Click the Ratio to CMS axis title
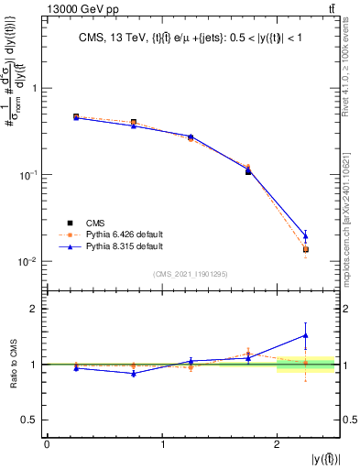(x=14, y=364)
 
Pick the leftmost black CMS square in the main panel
(x=76, y=117)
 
